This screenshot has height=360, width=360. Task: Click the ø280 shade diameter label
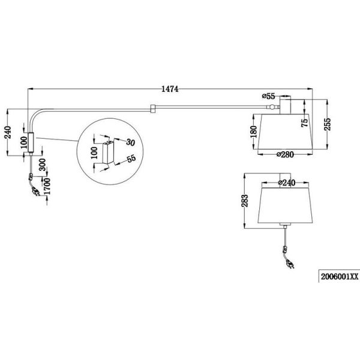point(284,155)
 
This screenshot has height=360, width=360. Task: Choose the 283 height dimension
point(242,203)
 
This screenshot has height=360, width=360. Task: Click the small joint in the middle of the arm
point(152,109)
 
